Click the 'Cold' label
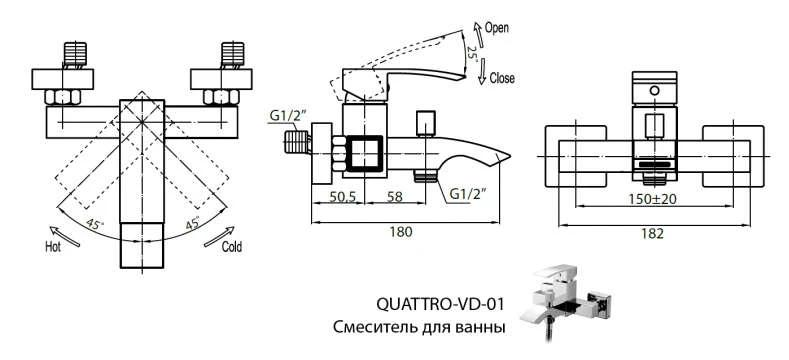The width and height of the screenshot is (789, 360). point(231,245)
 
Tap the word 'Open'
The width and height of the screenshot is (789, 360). point(497,29)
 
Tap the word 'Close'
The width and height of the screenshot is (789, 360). point(502,78)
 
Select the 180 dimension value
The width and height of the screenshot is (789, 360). point(402,232)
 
